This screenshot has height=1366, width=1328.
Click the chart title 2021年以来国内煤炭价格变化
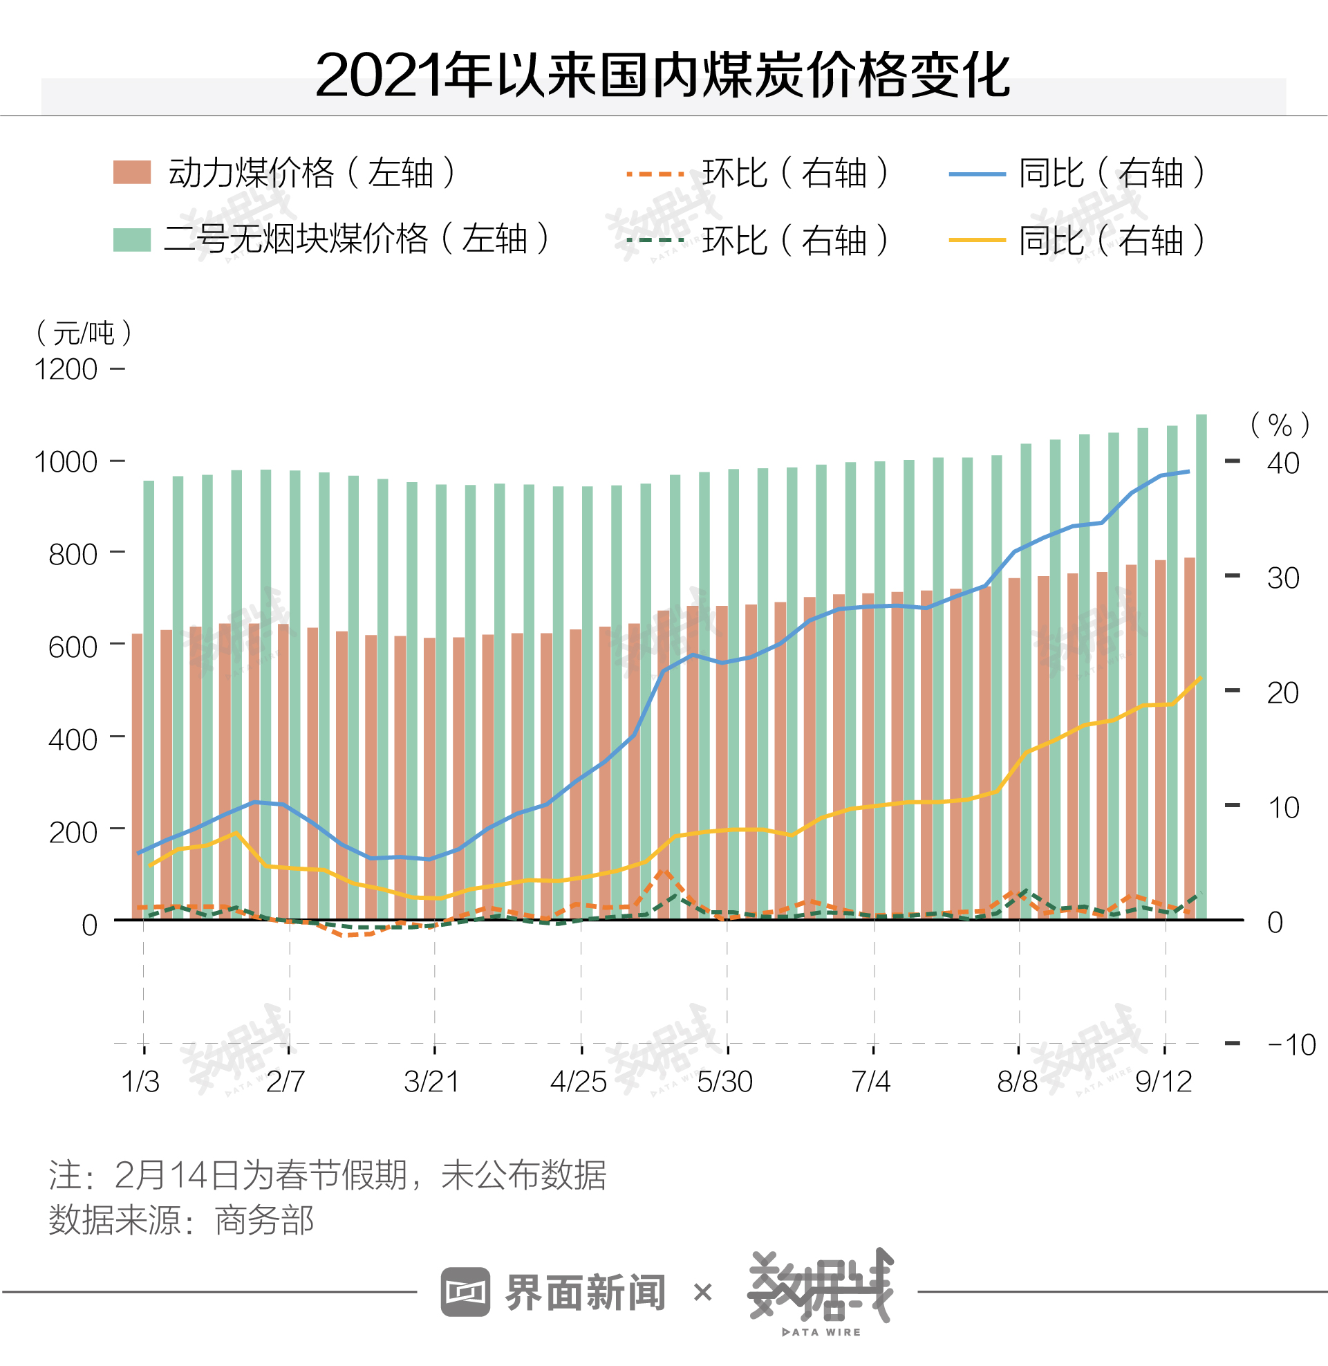click(x=662, y=75)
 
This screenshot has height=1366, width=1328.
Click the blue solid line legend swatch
click(x=976, y=174)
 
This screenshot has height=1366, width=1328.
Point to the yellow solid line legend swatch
click(x=976, y=240)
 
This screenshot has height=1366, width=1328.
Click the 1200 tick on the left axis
click(x=66, y=370)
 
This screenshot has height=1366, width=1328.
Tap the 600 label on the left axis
click(x=73, y=647)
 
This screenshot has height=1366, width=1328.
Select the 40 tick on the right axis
click(x=1282, y=463)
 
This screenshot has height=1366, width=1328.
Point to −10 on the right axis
click(x=1291, y=1045)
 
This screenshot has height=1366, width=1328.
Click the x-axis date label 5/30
click(x=724, y=1082)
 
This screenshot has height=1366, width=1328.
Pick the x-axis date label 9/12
click(x=1163, y=1082)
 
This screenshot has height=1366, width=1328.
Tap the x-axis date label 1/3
click(x=140, y=1082)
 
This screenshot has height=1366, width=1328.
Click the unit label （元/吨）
click(x=84, y=333)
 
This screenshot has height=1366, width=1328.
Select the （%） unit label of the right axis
click(x=1279, y=425)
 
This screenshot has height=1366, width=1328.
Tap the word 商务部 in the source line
click(x=264, y=1220)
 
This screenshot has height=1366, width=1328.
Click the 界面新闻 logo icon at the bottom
click(x=465, y=1292)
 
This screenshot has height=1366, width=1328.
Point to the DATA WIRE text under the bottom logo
click(x=821, y=1332)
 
